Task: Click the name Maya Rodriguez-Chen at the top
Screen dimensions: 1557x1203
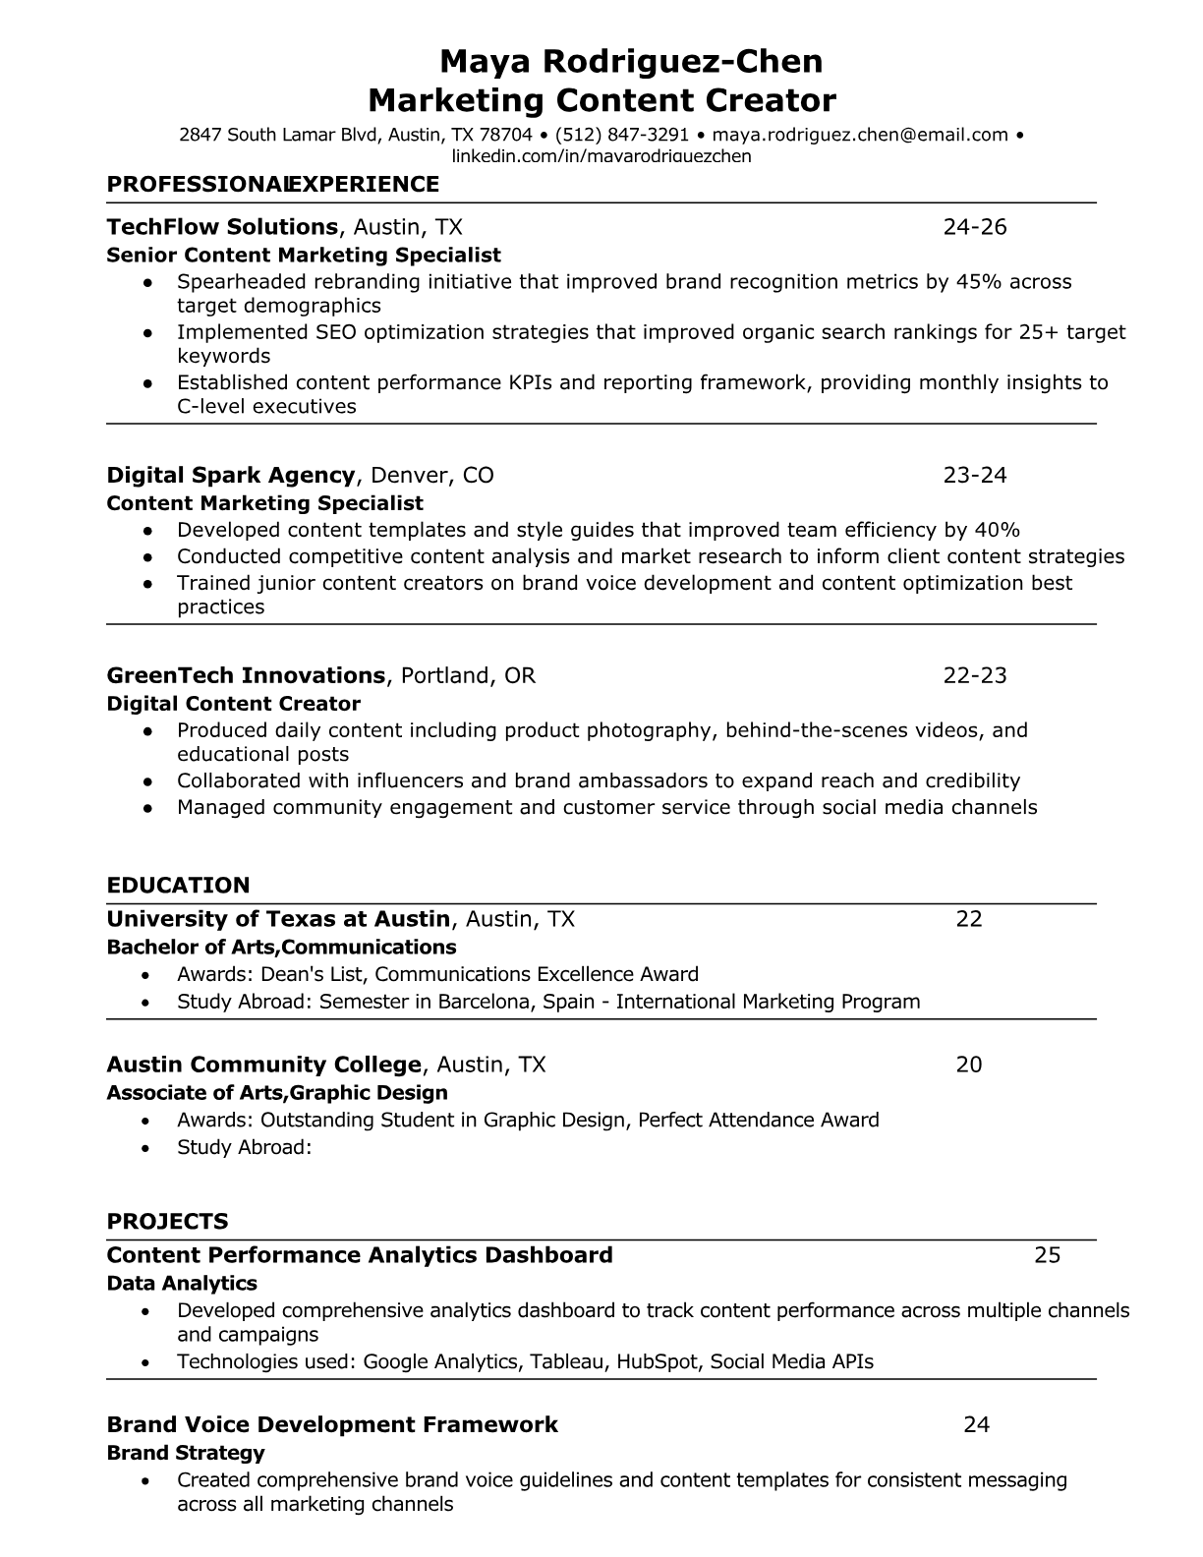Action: coord(630,62)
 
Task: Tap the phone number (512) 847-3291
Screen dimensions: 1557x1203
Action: coord(622,135)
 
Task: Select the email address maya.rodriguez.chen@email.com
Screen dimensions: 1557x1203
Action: coord(860,135)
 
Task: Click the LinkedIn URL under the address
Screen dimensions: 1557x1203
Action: coord(601,156)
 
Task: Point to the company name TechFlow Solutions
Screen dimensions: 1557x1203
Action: coord(222,227)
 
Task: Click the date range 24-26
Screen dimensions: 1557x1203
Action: coord(975,227)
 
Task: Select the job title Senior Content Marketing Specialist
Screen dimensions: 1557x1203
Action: coord(304,256)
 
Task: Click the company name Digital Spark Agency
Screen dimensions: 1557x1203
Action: coord(230,476)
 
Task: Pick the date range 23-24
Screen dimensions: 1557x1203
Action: coord(975,476)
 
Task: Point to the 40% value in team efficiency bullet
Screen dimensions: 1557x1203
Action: coord(997,530)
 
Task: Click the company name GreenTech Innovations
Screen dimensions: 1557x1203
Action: coord(246,676)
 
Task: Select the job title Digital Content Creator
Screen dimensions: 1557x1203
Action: coord(233,704)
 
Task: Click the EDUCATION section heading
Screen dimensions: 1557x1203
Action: coord(178,886)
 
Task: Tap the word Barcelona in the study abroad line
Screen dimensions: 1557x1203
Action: coord(487,1002)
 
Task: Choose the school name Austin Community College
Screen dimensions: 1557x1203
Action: coord(263,1065)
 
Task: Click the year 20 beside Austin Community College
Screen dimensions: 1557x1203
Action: coord(969,1065)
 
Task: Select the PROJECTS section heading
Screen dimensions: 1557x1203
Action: coord(167,1222)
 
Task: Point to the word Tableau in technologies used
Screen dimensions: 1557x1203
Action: coord(568,1361)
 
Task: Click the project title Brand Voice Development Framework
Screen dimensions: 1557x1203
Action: coord(332,1425)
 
